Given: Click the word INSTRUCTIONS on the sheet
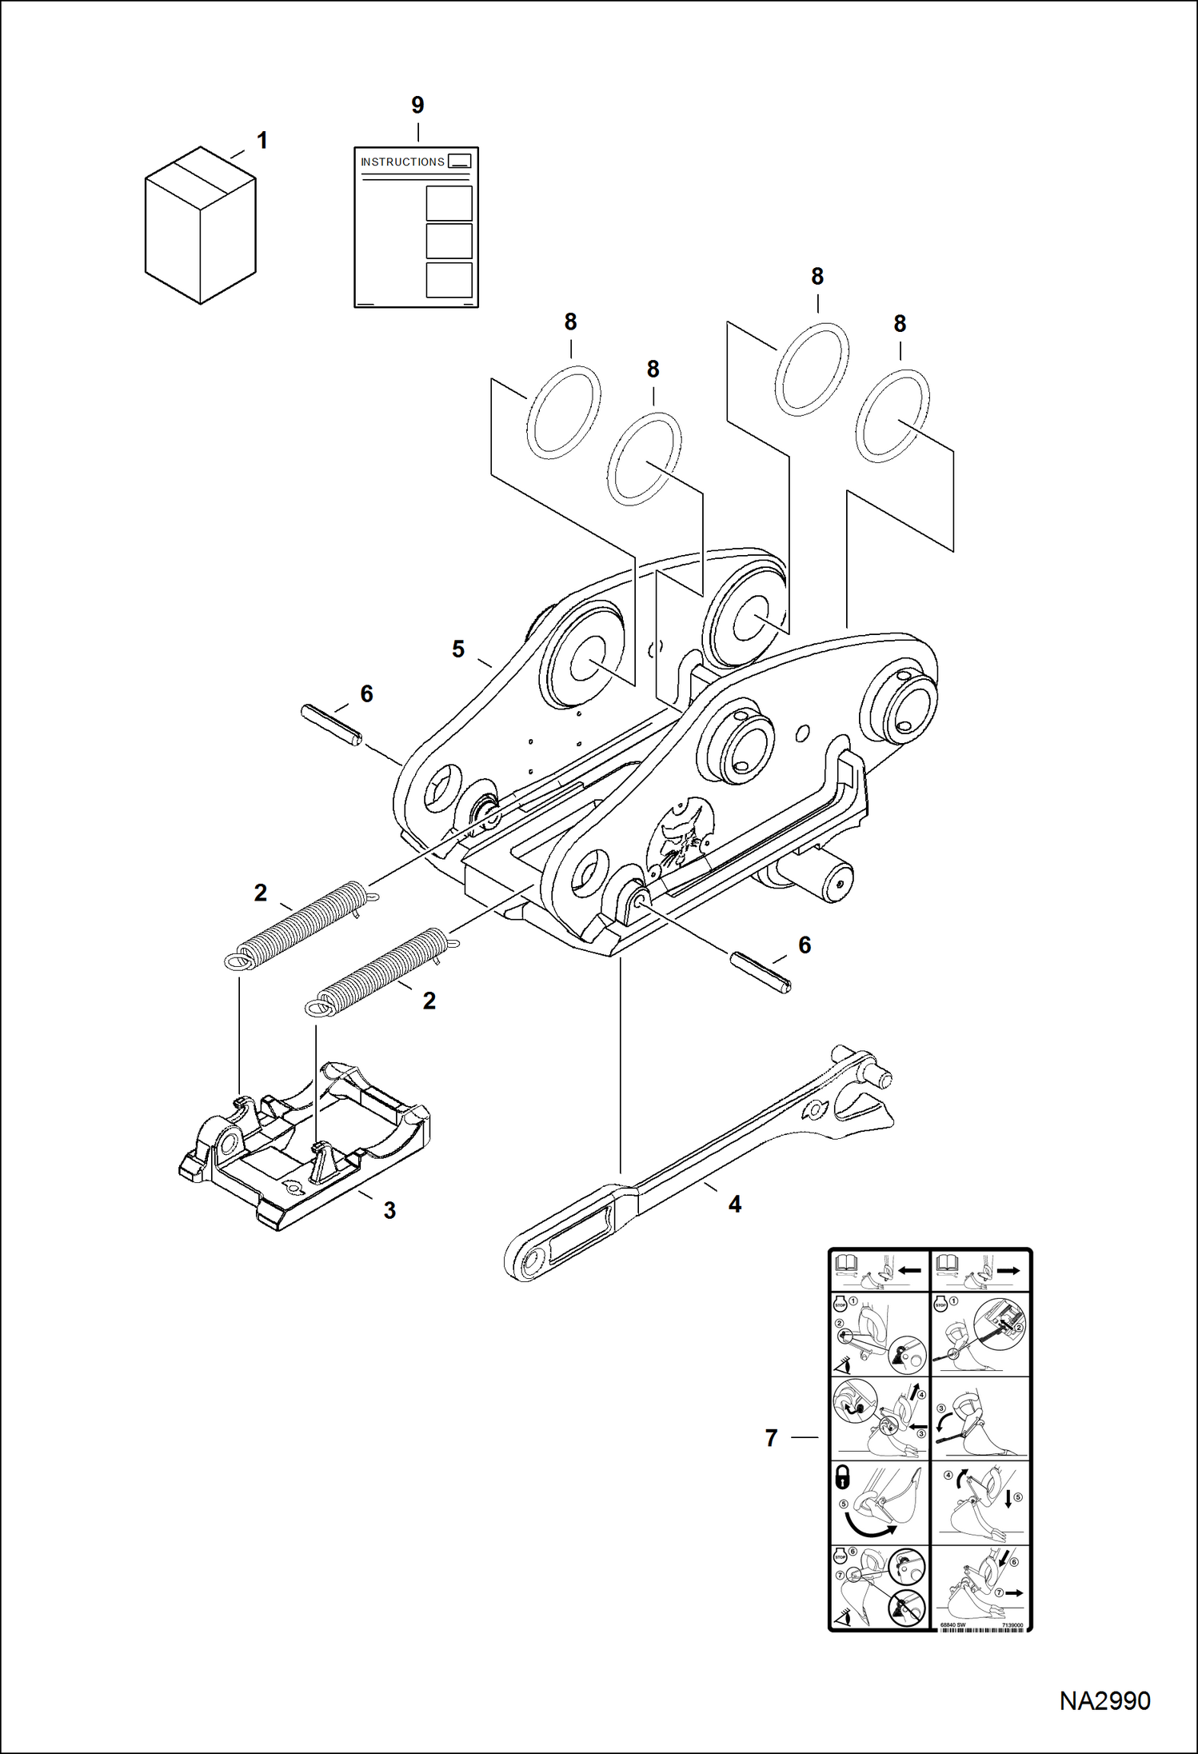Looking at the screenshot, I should point(402,162).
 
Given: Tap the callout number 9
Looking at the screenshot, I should point(417,105).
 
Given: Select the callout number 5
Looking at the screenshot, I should point(457,649).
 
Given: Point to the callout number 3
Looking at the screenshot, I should point(389,1210).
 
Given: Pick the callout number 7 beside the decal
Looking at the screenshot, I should point(771,1438).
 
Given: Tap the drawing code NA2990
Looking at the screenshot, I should point(1104,1700).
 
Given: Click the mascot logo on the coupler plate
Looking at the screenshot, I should point(684,836).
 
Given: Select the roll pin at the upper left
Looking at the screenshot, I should point(331,725).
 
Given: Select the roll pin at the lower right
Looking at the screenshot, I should point(761,972).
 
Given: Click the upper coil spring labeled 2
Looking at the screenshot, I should point(301,924).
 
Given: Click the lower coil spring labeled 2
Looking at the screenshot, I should point(382,970).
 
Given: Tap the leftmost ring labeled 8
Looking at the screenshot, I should point(564,413).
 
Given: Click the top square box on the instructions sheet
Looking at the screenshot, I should point(449,203).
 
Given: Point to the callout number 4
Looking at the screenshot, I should point(734,1204).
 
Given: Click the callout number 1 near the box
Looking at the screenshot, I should point(262,141).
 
